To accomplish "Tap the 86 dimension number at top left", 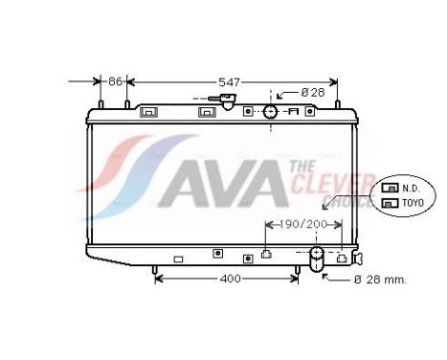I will click(115, 82).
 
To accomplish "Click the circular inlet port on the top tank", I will click(271, 112).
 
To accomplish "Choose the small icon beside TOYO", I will click(390, 202).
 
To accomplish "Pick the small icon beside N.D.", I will click(390, 188).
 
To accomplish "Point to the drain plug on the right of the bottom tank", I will click(358, 258).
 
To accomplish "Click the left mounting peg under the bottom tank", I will click(154, 272).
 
